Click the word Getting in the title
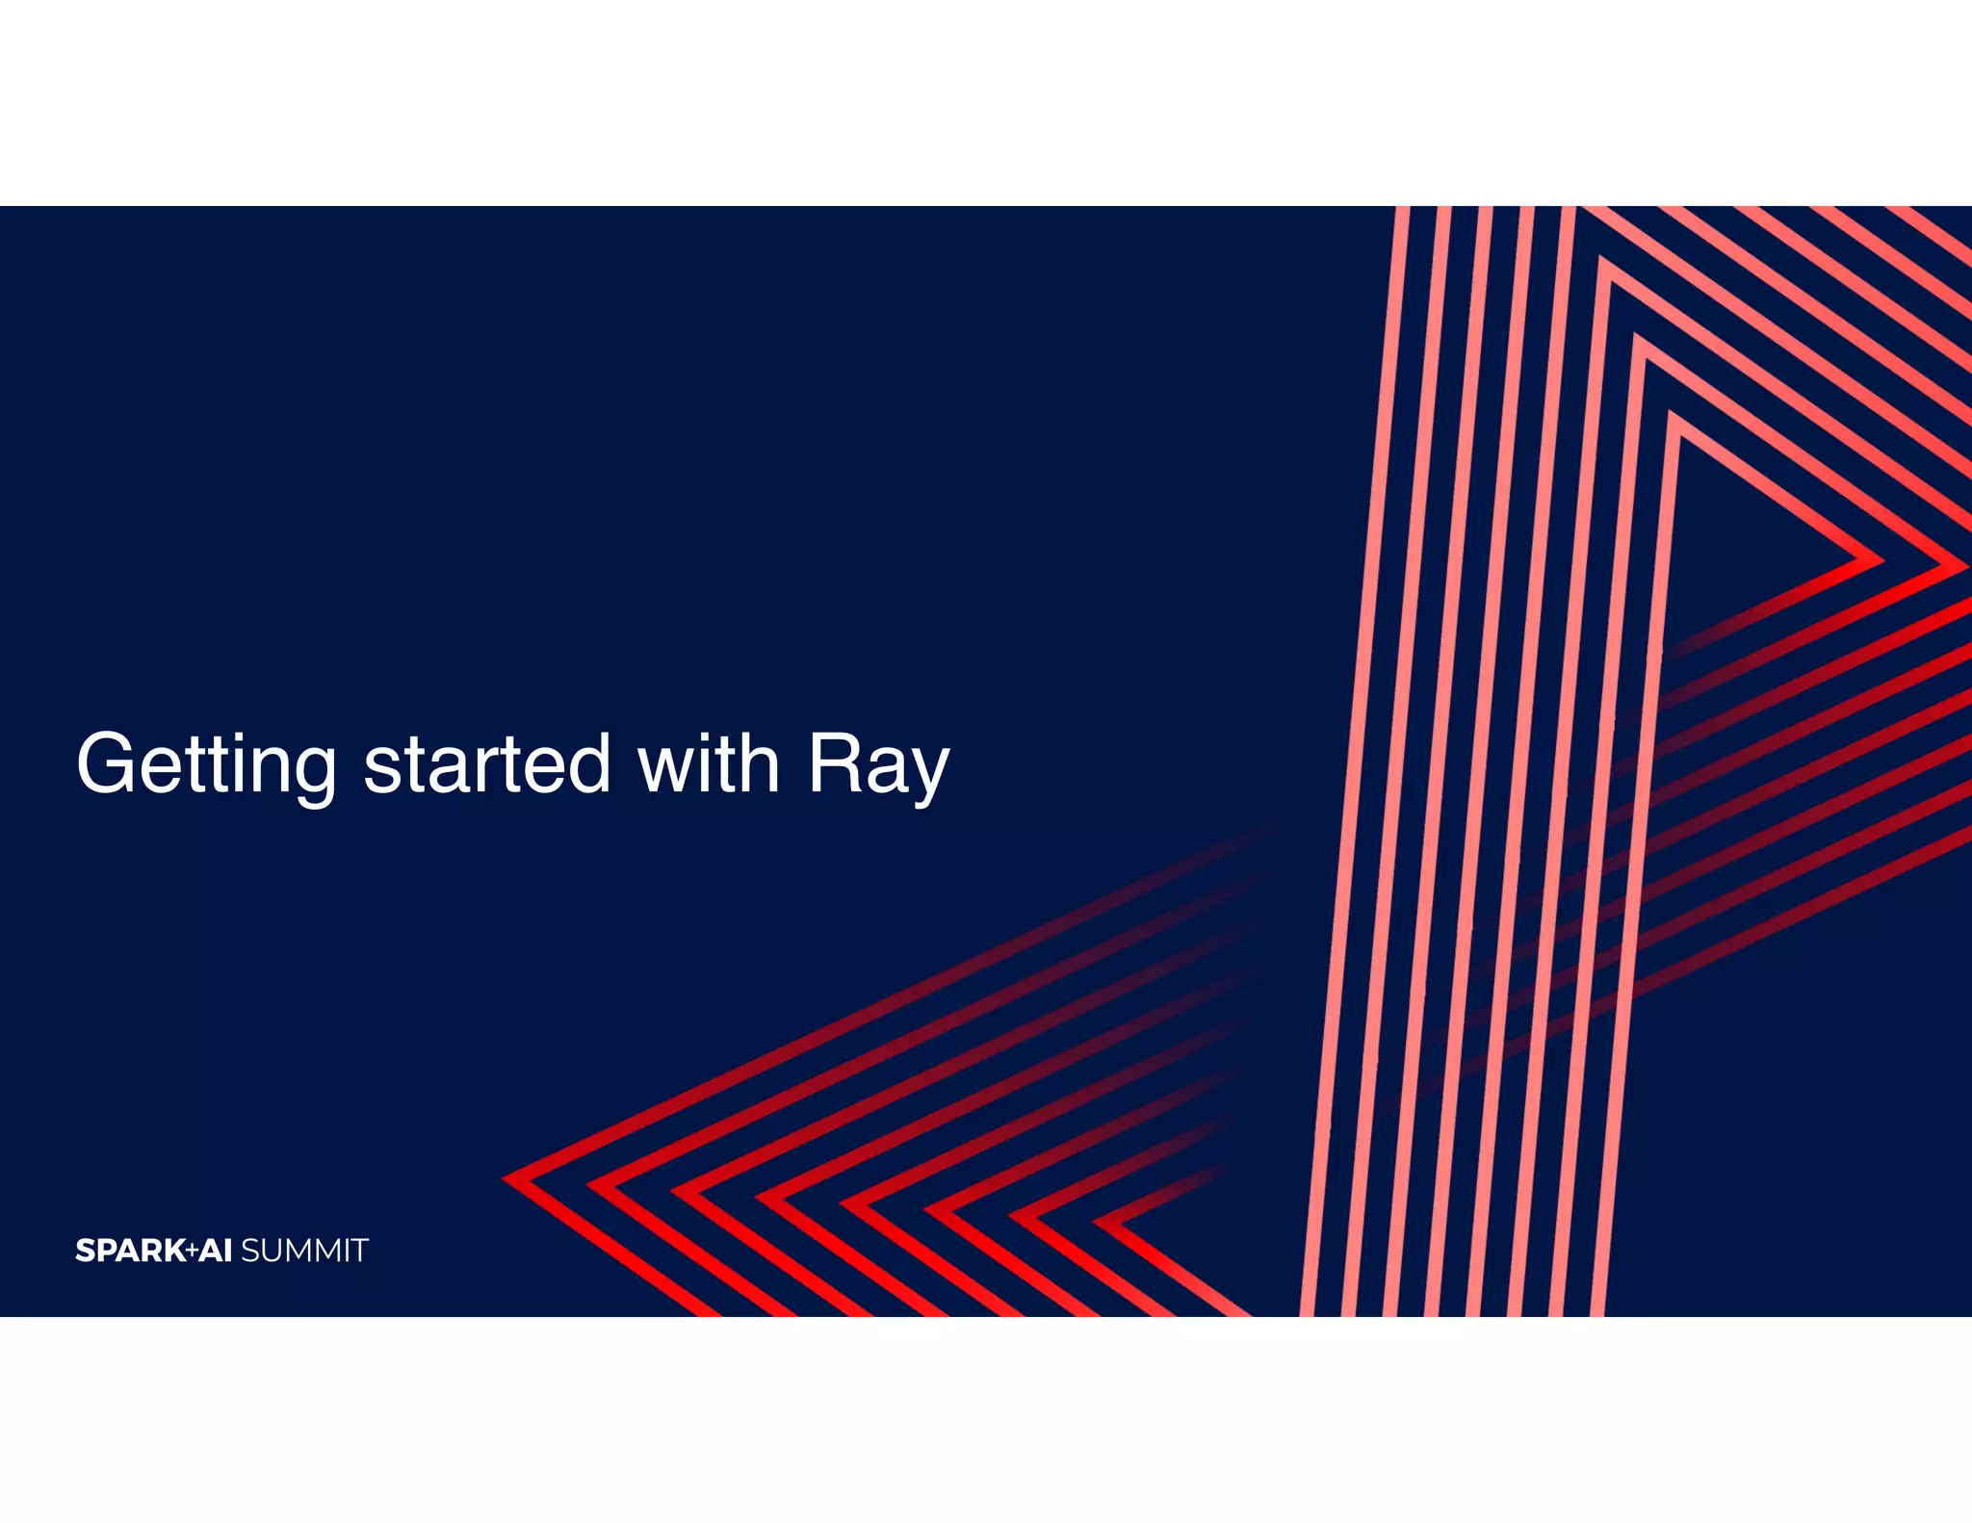(x=206, y=765)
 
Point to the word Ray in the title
(x=878, y=765)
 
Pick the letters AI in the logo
(x=216, y=1251)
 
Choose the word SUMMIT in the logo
(x=304, y=1251)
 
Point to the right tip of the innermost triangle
(x=1878, y=560)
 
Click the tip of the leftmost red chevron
(x=506, y=1178)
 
